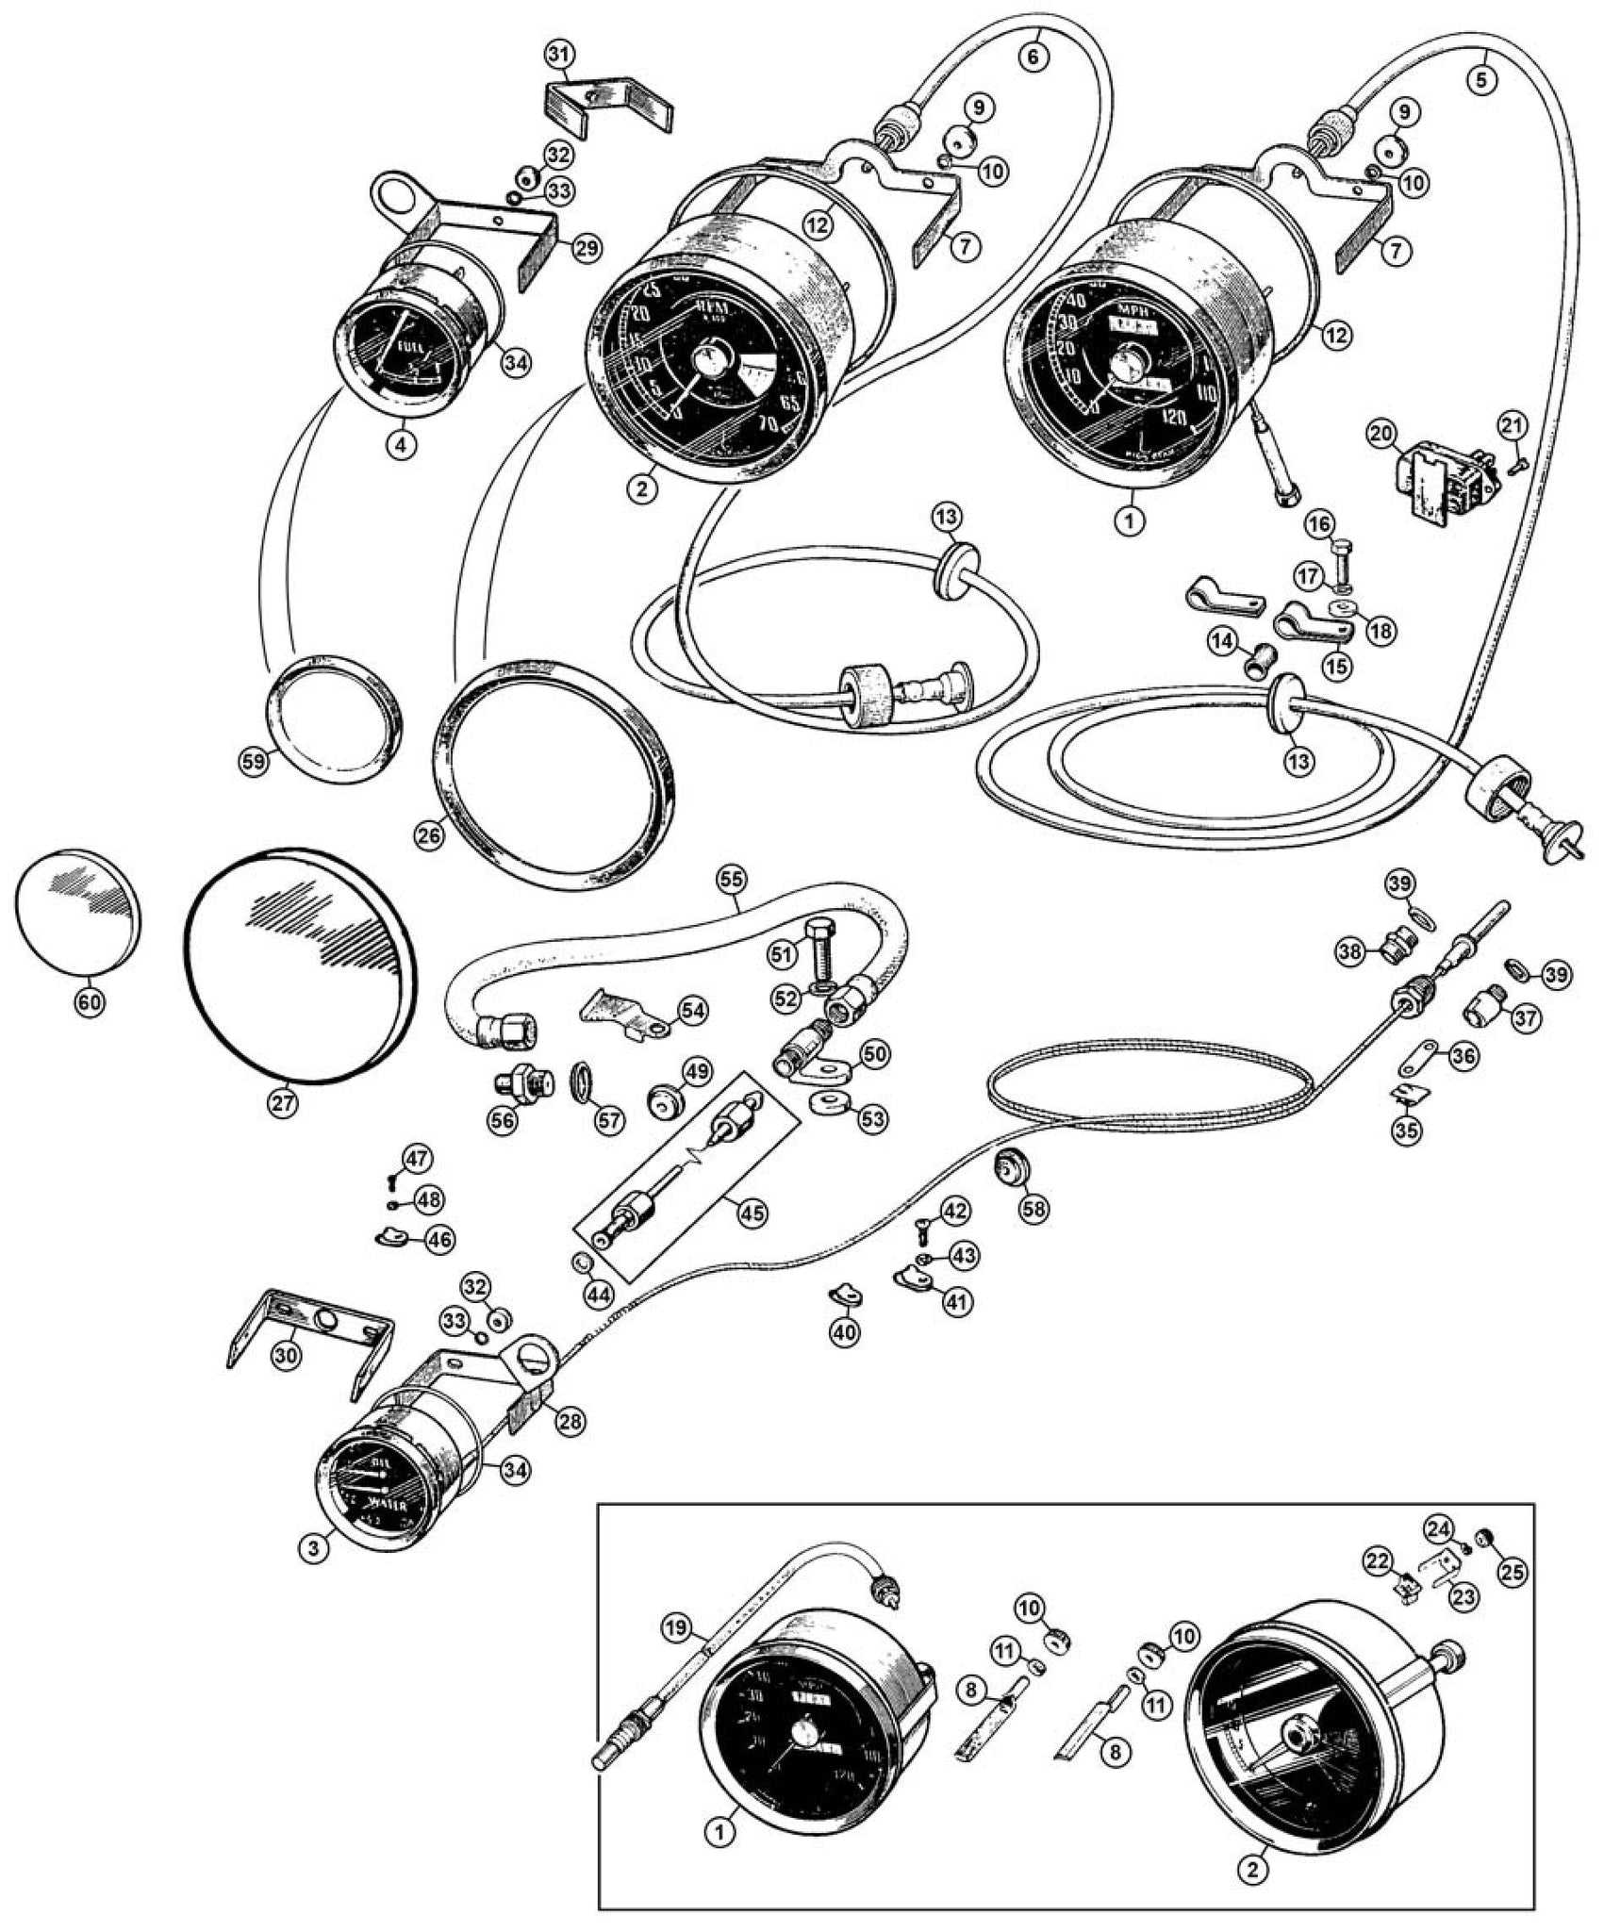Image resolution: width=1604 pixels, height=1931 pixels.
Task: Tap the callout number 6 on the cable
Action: coord(1033,57)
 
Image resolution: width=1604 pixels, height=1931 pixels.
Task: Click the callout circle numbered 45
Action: coord(751,1213)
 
